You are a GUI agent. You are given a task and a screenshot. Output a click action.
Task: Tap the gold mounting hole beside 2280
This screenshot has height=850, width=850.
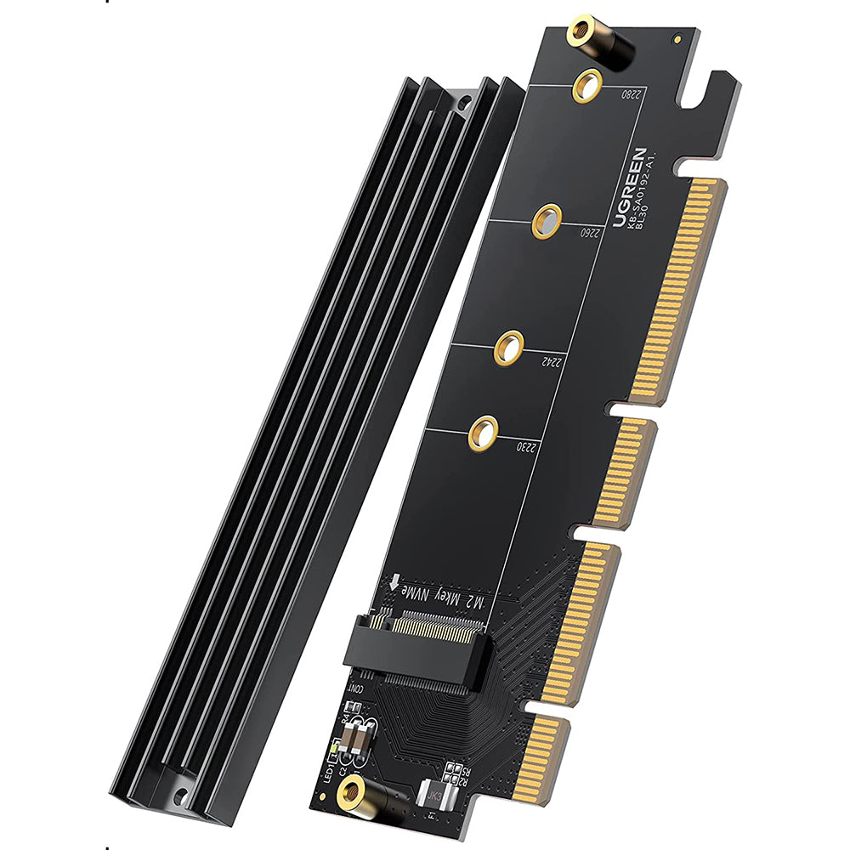pos(587,85)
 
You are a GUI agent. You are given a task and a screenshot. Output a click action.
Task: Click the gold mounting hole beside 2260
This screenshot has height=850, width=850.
pos(547,222)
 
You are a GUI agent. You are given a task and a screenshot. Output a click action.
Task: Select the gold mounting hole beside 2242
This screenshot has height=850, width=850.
pos(508,348)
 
